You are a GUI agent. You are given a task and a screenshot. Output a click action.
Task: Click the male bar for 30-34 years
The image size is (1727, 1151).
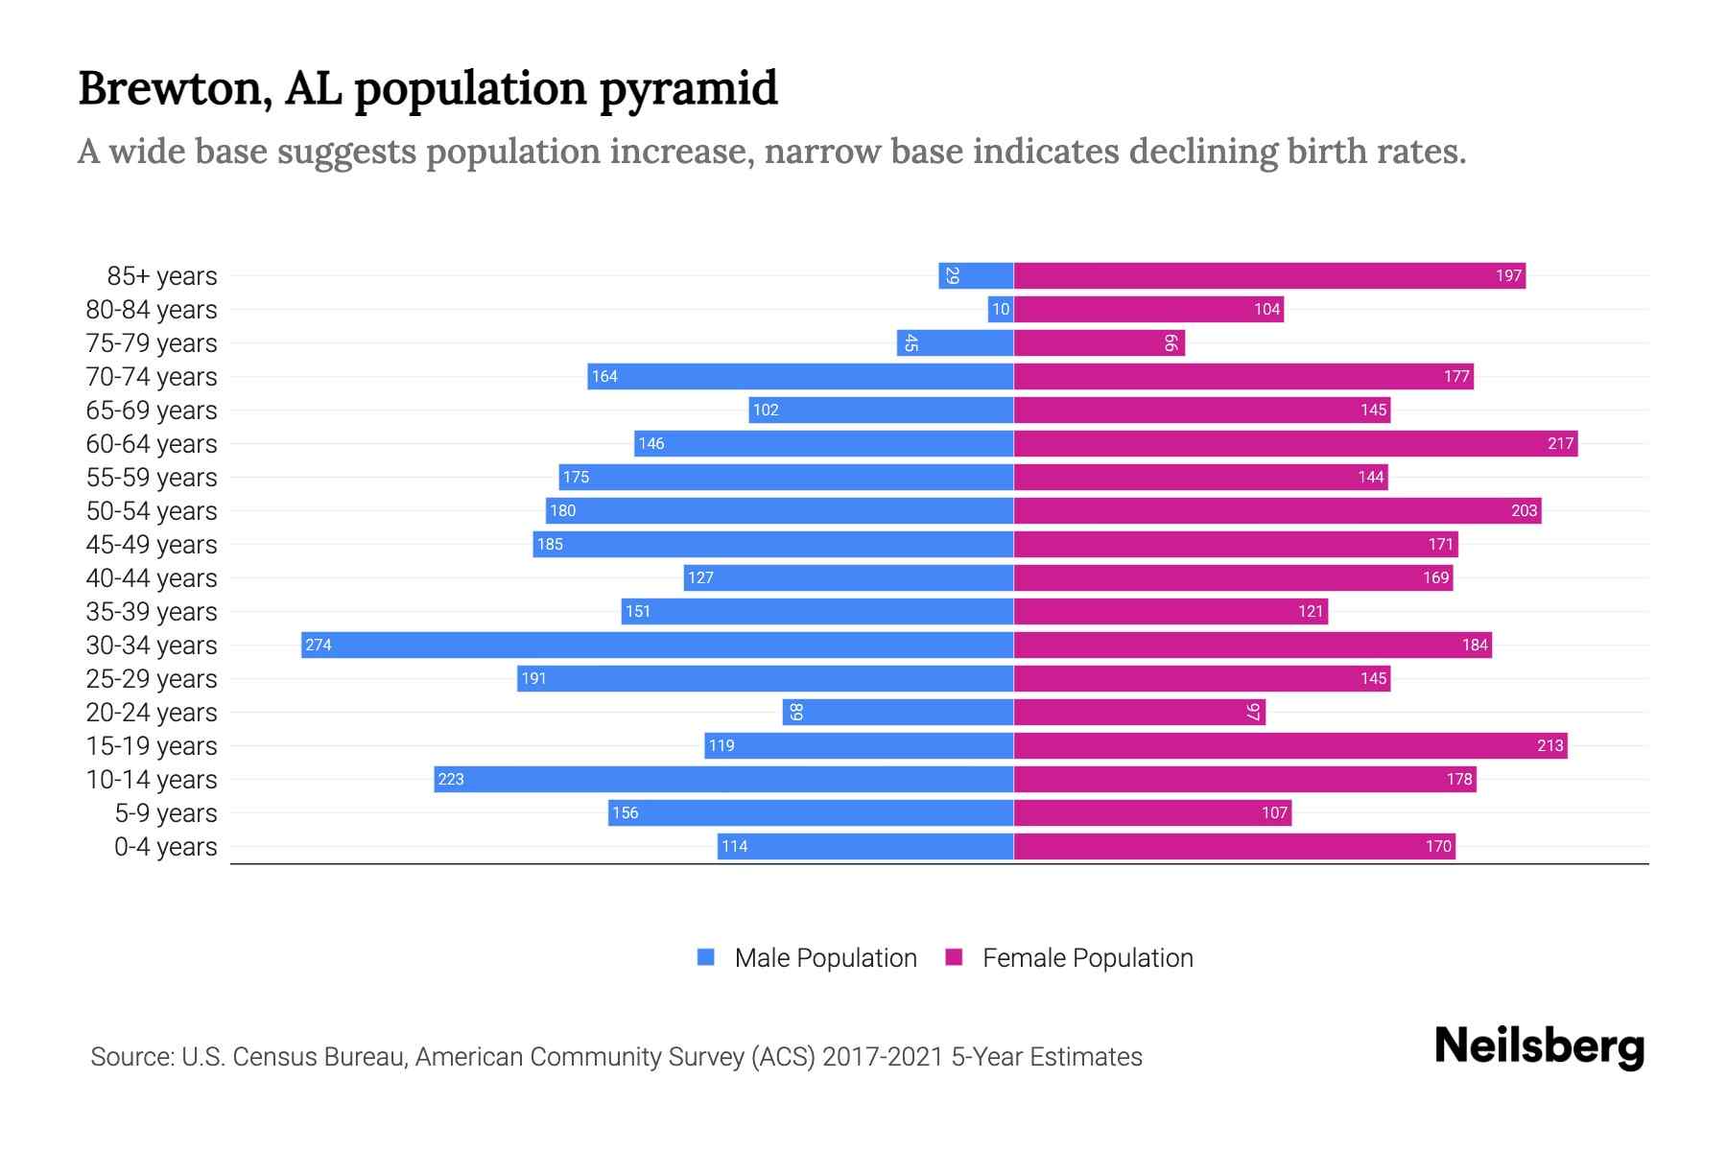[657, 645]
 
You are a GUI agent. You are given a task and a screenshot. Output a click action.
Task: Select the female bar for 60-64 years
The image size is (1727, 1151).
[1295, 443]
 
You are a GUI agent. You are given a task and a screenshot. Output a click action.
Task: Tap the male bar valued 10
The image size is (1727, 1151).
[1000, 309]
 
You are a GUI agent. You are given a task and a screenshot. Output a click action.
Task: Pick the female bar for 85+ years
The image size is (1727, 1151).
[1268, 275]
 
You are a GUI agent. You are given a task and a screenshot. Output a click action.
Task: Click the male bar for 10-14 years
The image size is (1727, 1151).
[724, 779]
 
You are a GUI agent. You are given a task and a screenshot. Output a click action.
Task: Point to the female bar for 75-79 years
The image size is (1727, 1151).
[1099, 342]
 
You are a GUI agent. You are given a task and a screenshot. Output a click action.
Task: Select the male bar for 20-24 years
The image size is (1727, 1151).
[898, 712]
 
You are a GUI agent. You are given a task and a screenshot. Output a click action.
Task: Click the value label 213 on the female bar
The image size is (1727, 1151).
[1550, 745]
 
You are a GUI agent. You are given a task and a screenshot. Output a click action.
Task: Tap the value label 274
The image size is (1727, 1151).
[319, 645]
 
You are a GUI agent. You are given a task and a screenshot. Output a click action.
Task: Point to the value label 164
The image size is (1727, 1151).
[604, 376]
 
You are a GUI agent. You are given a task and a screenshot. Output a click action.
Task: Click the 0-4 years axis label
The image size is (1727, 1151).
[165, 846]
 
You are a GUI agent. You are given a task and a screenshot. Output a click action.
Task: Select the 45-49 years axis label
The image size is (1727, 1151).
[152, 544]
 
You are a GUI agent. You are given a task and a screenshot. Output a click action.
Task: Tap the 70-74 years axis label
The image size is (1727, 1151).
[152, 376]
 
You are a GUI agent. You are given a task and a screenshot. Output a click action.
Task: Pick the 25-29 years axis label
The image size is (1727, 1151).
[152, 678]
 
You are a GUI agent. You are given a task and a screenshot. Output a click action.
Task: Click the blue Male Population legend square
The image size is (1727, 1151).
[706, 957]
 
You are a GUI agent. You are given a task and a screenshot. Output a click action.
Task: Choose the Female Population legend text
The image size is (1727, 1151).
[1087, 957]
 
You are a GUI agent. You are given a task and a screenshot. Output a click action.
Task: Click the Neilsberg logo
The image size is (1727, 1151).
[1539, 1045]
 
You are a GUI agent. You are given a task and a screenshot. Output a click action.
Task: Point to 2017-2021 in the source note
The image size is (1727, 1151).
[883, 1056]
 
